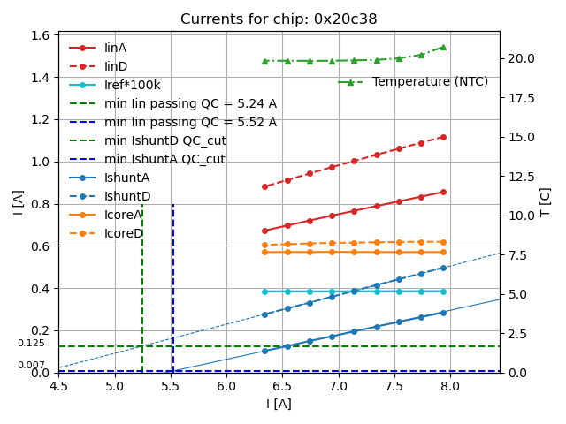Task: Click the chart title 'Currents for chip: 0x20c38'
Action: point(279,19)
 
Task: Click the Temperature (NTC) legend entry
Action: point(430,82)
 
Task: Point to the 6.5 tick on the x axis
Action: point(282,386)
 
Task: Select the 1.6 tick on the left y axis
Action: point(41,35)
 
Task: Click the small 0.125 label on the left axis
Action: point(31,344)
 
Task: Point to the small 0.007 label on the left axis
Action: point(31,366)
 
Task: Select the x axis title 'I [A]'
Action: point(279,405)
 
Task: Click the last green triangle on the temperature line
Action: point(443,47)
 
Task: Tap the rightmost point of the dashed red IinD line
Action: point(443,137)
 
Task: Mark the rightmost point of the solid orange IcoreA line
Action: point(443,252)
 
